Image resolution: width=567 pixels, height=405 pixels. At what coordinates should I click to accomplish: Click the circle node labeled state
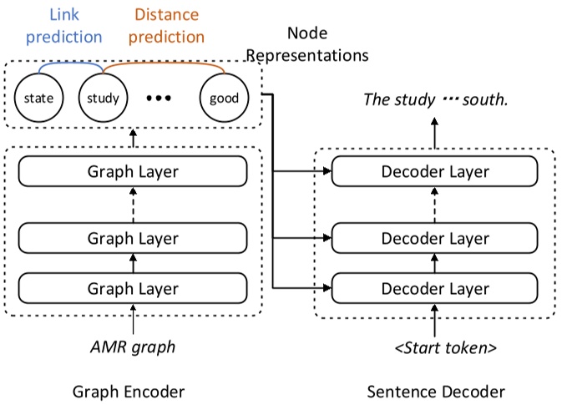[38, 98]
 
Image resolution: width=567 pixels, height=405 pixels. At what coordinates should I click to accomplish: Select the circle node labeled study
[102, 98]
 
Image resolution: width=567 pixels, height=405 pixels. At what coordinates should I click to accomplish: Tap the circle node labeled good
[224, 98]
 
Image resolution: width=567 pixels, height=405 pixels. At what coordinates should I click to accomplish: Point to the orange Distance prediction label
[168, 25]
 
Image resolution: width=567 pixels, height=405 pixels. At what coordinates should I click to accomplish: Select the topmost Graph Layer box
[134, 173]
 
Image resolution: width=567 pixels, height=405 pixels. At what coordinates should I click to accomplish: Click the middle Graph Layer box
[134, 239]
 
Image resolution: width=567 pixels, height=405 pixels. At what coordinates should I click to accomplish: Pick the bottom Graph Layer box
[134, 288]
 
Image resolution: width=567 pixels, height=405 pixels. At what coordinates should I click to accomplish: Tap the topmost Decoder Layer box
[435, 173]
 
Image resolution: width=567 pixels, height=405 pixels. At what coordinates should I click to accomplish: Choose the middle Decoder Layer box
[435, 239]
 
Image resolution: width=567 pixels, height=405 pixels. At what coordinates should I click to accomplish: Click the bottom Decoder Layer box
[435, 288]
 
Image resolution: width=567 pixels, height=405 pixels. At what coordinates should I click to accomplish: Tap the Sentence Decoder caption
[435, 391]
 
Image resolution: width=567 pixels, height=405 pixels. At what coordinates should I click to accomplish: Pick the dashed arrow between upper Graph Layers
[134, 205]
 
